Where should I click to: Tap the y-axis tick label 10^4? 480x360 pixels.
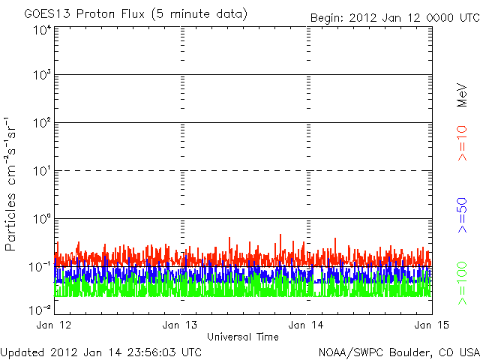click(x=41, y=29)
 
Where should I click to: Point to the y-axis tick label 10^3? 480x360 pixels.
click(x=41, y=76)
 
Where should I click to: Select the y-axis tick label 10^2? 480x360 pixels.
click(x=41, y=123)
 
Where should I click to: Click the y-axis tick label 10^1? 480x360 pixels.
click(x=41, y=171)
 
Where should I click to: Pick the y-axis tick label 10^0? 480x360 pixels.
click(x=41, y=219)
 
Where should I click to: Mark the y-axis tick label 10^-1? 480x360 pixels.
click(x=40, y=266)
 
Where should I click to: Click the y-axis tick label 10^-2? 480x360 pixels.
click(x=40, y=309)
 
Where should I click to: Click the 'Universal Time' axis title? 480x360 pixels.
click(x=242, y=337)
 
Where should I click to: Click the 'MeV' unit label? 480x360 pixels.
click(x=463, y=91)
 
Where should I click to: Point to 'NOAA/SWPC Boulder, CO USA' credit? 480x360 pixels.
click(x=398, y=352)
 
